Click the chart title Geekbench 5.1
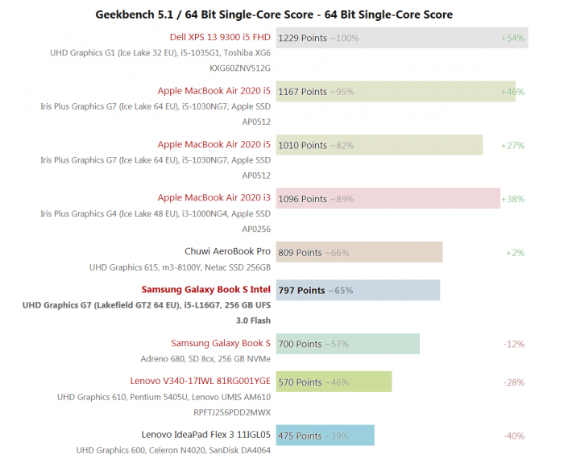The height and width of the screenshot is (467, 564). (274, 14)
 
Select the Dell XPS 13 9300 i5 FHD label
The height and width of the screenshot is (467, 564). (220, 37)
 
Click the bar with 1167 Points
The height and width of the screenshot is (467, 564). (395, 92)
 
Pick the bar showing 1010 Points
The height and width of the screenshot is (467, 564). (379, 145)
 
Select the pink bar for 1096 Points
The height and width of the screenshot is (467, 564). (388, 199)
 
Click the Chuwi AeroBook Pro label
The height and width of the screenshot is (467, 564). (227, 252)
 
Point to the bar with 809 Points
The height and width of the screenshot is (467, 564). (359, 252)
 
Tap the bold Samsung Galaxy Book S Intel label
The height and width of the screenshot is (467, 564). (205, 290)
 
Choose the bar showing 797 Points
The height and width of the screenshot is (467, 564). (358, 290)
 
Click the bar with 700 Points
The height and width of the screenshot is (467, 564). (347, 344)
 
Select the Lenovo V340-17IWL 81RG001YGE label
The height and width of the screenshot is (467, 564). (200, 382)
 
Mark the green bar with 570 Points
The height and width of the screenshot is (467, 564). (334, 382)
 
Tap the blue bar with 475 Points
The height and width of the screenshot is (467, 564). (325, 436)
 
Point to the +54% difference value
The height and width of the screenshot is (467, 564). (512, 38)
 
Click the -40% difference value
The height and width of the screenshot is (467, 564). (513, 436)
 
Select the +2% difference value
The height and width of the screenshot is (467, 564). (515, 252)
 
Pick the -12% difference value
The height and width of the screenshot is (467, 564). (513, 344)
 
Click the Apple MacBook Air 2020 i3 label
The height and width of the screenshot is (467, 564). (214, 198)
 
